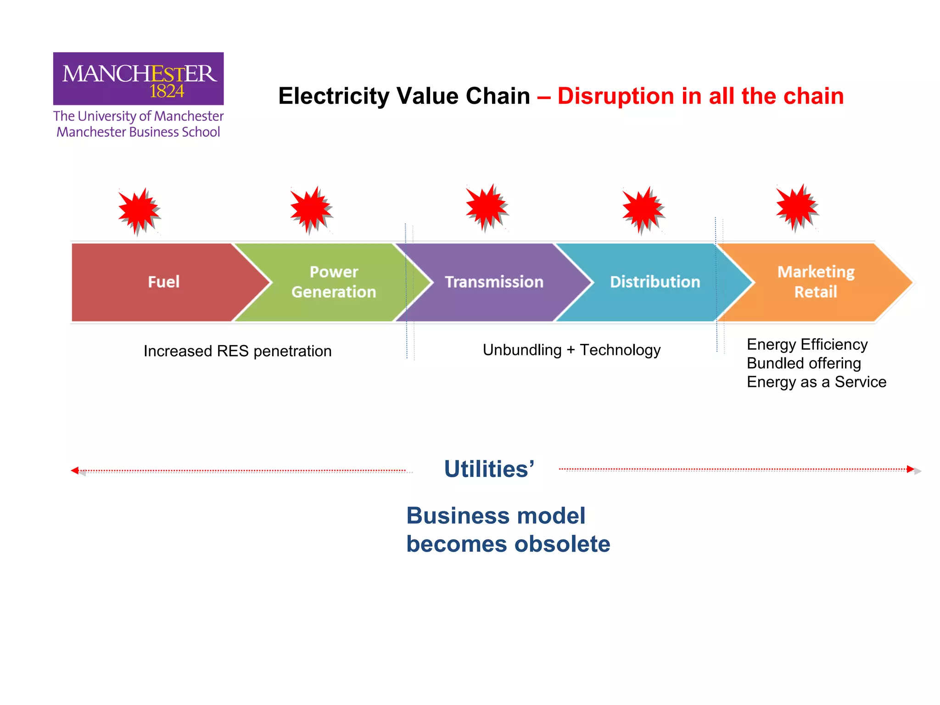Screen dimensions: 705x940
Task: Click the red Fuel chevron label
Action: pyautogui.click(x=163, y=282)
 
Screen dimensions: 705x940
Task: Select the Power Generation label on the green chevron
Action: pyautogui.click(x=334, y=282)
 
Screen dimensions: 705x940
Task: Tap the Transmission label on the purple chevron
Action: pyautogui.click(x=494, y=282)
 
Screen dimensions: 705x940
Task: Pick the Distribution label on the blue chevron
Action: pyautogui.click(x=655, y=282)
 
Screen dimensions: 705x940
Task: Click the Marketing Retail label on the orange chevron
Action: pyautogui.click(x=816, y=282)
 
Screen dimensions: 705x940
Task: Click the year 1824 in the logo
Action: pyautogui.click(x=167, y=91)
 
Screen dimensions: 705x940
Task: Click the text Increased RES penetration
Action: pyautogui.click(x=237, y=351)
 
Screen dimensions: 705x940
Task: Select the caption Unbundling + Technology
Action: pyautogui.click(x=571, y=350)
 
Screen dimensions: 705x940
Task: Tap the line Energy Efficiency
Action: pyautogui.click(x=807, y=344)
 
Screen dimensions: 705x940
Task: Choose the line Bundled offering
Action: pyautogui.click(x=804, y=363)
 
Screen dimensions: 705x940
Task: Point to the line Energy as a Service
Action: pyautogui.click(x=816, y=382)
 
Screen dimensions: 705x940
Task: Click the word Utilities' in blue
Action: pyautogui.click(x=489, y=469)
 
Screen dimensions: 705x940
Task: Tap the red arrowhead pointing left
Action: pyautogui.click(x=75, y=470)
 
